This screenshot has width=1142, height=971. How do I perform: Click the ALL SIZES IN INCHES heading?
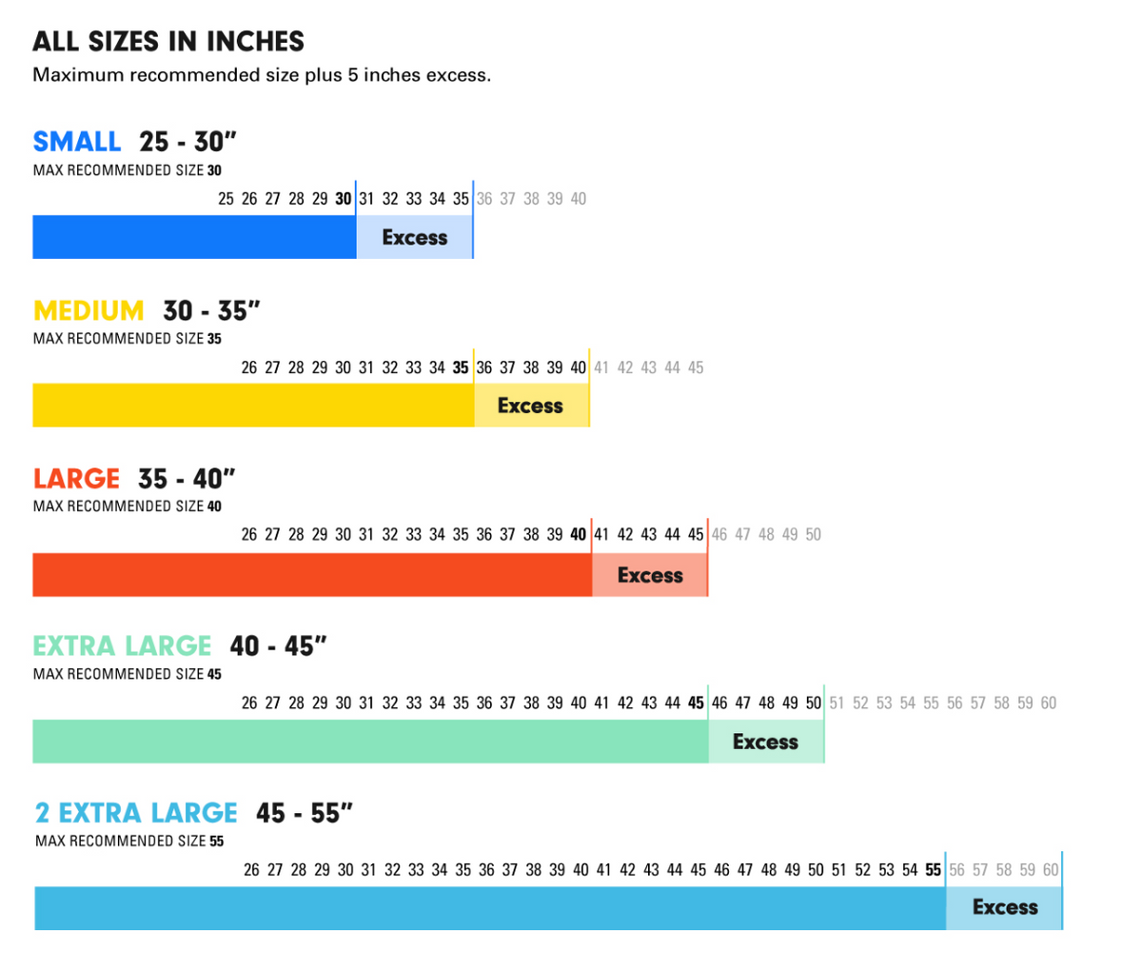tap(168, 42)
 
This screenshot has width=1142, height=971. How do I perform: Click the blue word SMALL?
tap(77, 142)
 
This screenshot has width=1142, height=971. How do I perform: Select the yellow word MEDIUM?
tap(89, 310)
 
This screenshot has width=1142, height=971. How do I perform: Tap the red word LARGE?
tap(76, 478)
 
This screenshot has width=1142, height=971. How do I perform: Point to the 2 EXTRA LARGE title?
tap(136, 813)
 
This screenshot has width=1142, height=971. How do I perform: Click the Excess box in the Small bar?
tap(414, 238)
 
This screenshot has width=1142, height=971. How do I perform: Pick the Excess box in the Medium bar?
tap(531, 406)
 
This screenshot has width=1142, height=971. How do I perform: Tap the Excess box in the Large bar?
tap(650, 575)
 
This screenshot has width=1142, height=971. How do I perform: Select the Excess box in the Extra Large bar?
tap(765, 742)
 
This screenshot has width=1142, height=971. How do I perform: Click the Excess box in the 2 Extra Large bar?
tap(1004, 907)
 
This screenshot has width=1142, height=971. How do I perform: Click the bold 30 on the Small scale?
tap(343, 199)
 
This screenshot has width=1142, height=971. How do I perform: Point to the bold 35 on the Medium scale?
tap(461, 367)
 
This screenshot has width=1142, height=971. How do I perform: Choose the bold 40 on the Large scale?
tap(578, 535)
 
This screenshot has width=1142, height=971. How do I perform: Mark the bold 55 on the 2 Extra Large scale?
tap(933, 870)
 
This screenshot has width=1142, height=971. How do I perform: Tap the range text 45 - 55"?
tap(305, 813)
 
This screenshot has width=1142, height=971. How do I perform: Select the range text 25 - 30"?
tap(187, 142)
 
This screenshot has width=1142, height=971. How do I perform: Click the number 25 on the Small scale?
tap(226, 199)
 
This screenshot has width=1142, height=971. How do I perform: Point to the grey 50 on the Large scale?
tap(813, 535)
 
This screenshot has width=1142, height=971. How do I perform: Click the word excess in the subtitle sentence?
tap(458, 75)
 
